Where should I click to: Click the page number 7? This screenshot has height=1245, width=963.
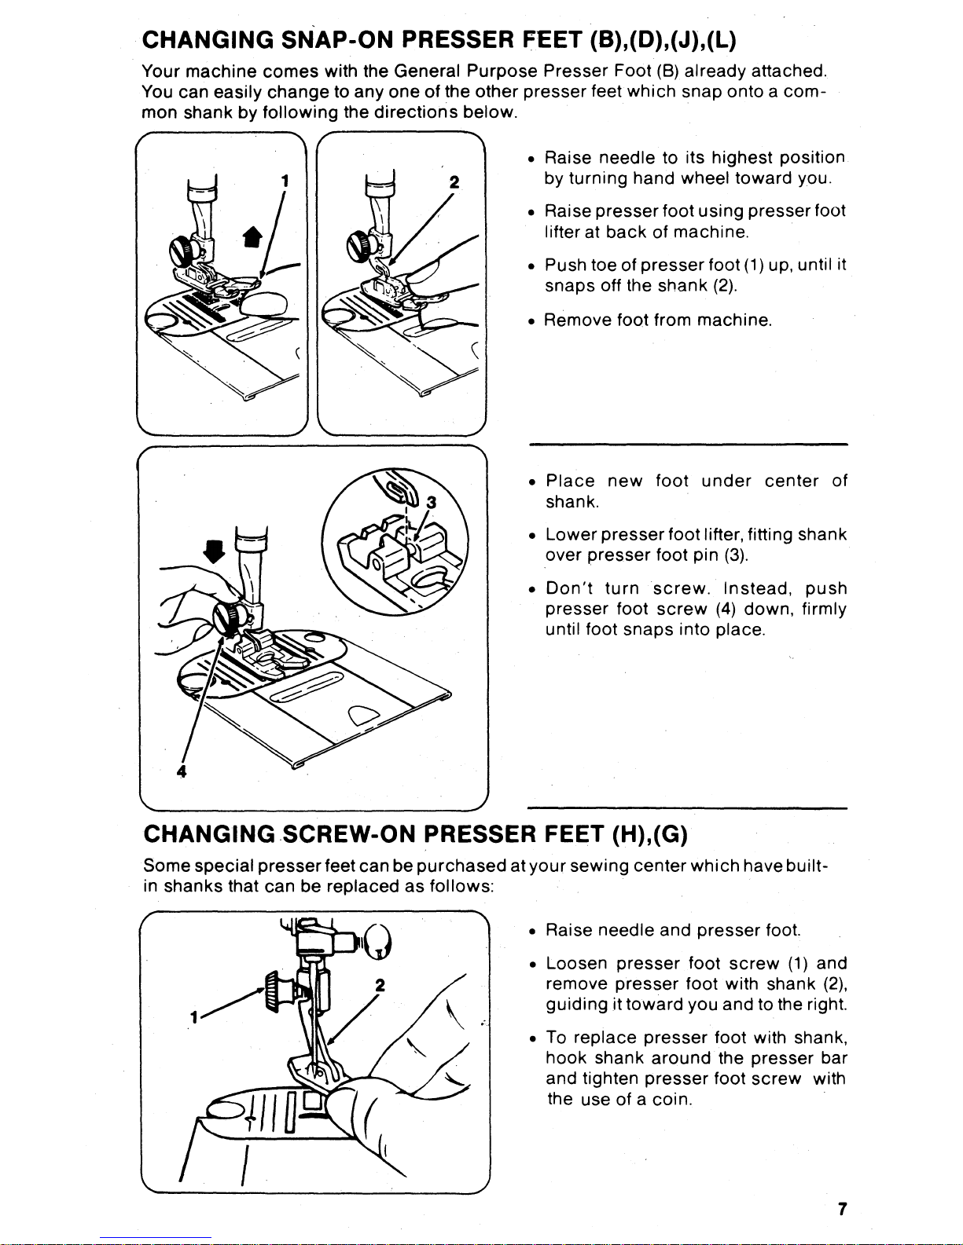841,1209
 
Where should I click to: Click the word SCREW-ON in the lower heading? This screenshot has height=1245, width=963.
351,833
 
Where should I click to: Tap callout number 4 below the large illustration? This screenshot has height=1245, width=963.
182,771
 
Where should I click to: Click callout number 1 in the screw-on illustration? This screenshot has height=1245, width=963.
191,1016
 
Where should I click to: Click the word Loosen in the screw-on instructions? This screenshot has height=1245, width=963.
576,963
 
